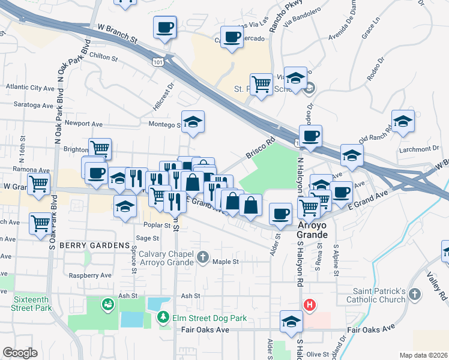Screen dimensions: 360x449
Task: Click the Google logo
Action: tap(20, 353)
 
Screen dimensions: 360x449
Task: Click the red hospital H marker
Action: tap(309, 305)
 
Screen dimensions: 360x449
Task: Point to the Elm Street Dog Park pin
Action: tap(162, 316)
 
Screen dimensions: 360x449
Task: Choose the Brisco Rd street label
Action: tap(259, 150)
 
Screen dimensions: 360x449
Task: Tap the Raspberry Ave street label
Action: tap(90, 275)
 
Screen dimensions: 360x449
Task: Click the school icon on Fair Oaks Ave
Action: tap(292, 322)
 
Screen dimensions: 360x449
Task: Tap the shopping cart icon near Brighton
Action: tap(100, 148)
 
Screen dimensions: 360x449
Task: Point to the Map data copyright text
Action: tap(423, 355)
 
